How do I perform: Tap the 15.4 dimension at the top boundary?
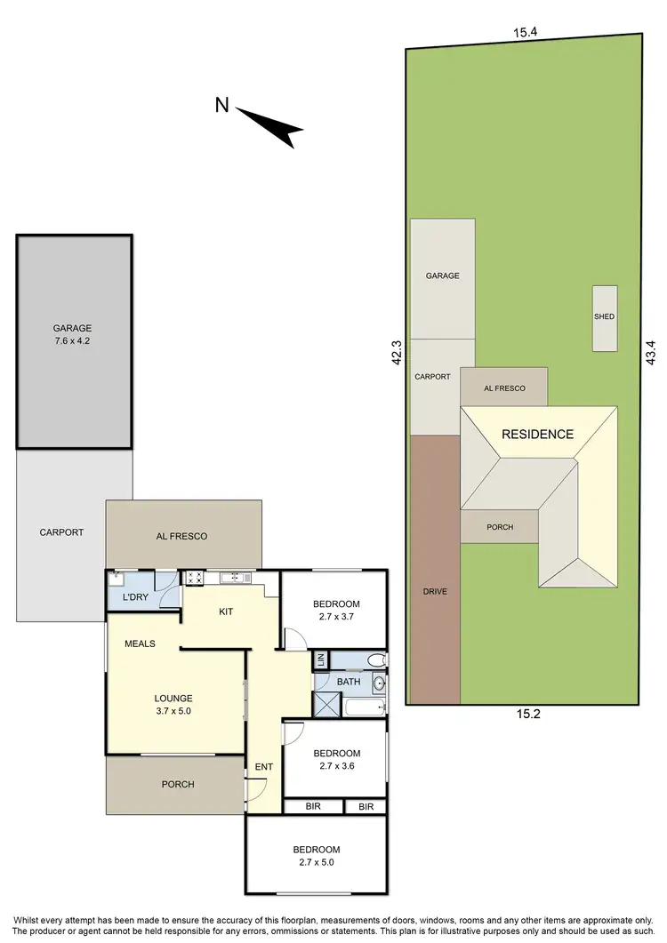tap(526, 32)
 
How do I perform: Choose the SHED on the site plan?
tap(605, 317)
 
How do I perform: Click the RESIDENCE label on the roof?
tap(537, 435)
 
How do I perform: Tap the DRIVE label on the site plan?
tap(435, 592)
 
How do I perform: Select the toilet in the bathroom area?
tap(377, 659)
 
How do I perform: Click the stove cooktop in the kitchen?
tap(196, 579)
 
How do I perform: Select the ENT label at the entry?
tap(264, 766)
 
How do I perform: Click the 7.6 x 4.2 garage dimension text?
tap(74, 341)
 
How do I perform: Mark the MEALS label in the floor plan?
tap(141, 643)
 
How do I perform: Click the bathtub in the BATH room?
tap(365, 708)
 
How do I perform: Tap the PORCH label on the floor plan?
tap(177, 784)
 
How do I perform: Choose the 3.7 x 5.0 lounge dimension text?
tap(173, 712)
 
